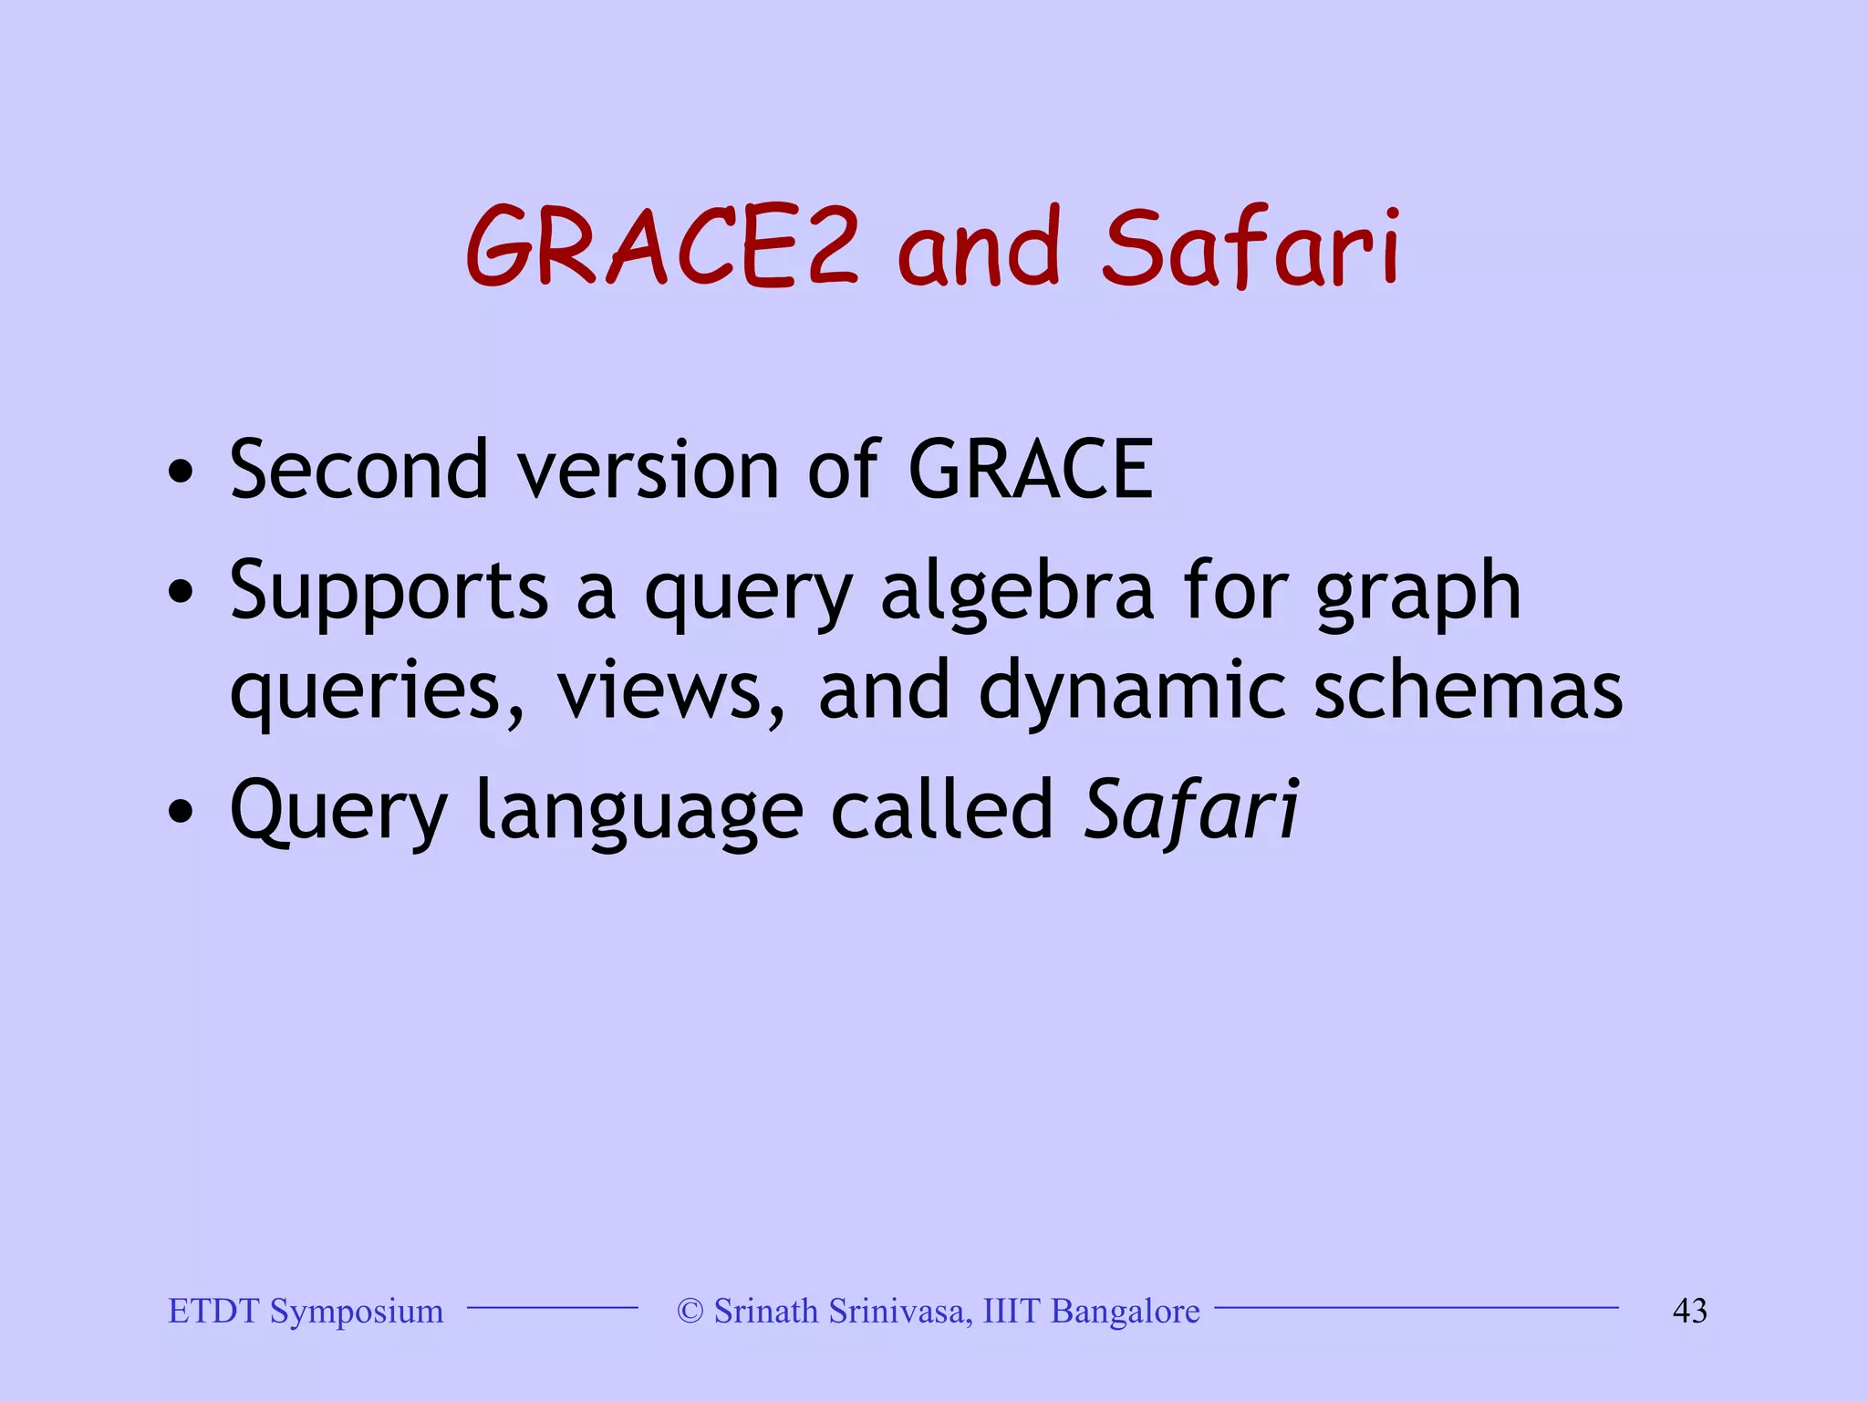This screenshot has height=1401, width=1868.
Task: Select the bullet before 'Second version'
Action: pos(181,472)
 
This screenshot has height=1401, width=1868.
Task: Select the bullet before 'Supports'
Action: pos(181,595)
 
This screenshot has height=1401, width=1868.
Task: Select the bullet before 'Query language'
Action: pos(181,812)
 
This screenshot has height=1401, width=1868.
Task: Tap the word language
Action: pos(639,812)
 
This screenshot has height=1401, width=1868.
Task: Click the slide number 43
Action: pos(1689,1311)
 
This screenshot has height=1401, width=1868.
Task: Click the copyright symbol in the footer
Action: pos(690,1311)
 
